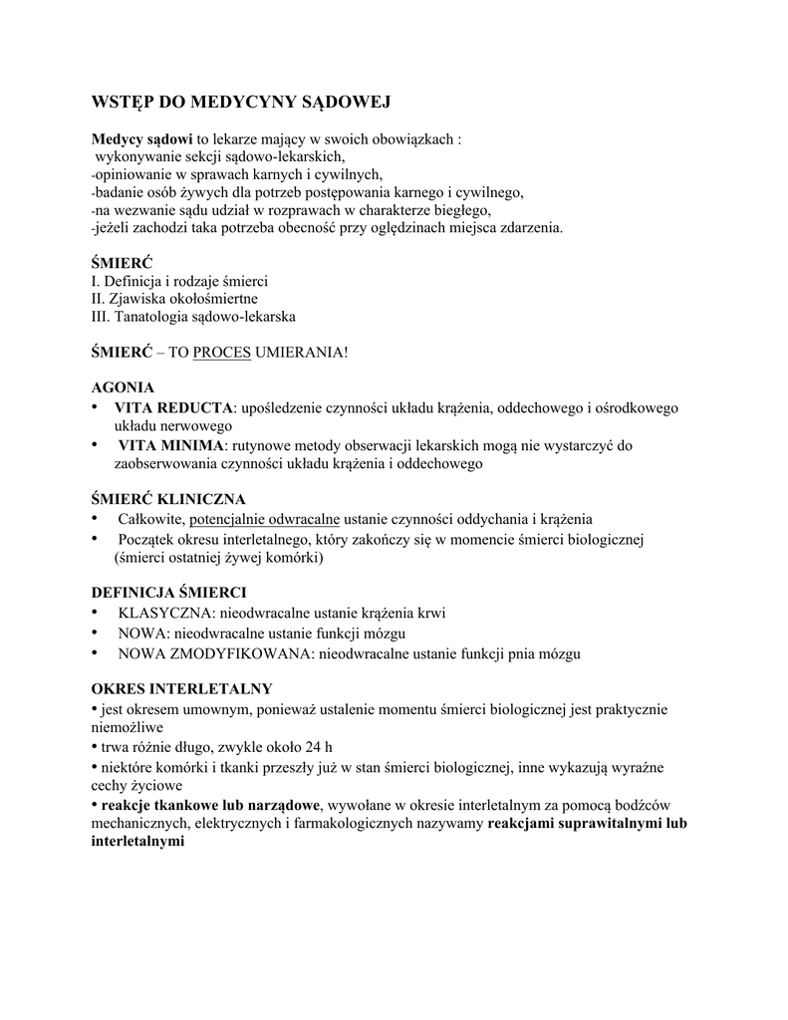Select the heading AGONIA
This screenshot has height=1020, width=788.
(x=123, y=387)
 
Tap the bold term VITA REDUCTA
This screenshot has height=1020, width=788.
(x=173, y=407)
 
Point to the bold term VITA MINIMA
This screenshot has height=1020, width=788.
(x=171, y=444)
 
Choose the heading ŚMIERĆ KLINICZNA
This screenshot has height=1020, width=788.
(x=167, y=498)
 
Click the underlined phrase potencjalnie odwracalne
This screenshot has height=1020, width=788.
(x=265, y=519)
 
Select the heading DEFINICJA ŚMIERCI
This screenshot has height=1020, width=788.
(x=169, y=592)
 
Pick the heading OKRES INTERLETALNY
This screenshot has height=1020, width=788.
(x=181, y=688)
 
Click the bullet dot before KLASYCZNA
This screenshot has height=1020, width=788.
(x=96, y=613)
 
